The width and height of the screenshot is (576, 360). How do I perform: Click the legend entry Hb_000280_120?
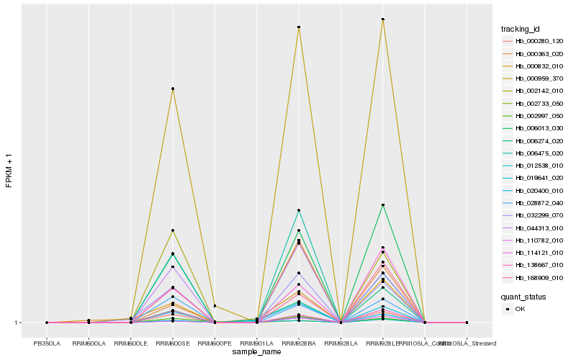pos(534,41)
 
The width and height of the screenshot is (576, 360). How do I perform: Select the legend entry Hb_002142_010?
pos(534,91)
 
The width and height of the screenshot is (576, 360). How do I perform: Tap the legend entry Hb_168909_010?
pos(534,277)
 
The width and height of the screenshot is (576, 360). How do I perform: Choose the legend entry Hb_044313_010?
pos(534,228)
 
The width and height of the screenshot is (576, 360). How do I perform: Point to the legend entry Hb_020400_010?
pos(534,190)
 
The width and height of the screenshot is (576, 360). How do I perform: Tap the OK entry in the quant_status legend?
pos(520,309)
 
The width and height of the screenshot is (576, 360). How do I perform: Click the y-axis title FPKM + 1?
pos(9,171)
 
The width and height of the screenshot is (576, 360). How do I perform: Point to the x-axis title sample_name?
pos(257,352)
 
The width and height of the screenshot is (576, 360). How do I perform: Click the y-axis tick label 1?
pos(16,323)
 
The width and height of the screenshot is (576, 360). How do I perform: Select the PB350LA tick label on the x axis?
pos(47,343)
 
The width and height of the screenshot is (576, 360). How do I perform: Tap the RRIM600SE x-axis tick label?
pos(173,343)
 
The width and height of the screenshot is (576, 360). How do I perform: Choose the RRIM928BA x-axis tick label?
pos(299,343)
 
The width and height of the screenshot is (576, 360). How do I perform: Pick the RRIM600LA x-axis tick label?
pos(89,343)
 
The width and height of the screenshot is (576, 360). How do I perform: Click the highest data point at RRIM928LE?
pos(383,19)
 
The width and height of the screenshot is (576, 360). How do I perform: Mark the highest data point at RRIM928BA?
pos(299,27)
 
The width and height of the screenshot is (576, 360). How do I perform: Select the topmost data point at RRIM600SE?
pos(173,89)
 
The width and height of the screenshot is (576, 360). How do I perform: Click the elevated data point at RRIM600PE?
pos(215,306)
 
